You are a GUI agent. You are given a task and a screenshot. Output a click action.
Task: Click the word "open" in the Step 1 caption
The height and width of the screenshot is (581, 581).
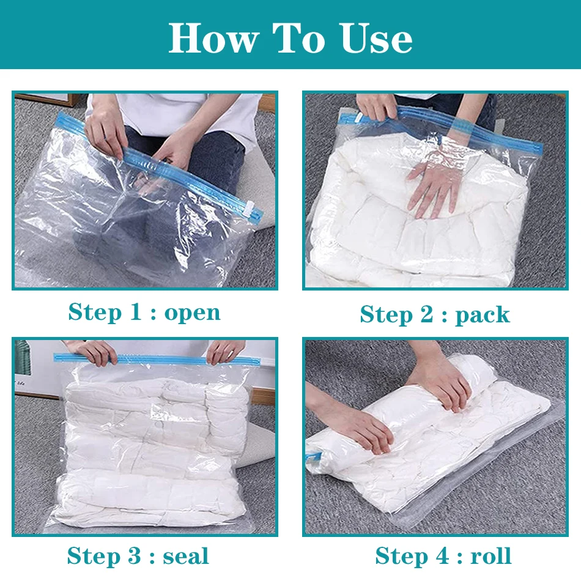point(192,313)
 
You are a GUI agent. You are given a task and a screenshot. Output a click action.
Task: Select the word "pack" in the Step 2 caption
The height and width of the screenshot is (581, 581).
point(482,315)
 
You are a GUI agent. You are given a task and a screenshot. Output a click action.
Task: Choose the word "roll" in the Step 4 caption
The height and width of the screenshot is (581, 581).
point(490,557)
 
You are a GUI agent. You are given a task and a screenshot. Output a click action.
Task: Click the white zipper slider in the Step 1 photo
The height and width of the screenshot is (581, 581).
point(251,209)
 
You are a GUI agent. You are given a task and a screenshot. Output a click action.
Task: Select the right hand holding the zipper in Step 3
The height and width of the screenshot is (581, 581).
point(225,350)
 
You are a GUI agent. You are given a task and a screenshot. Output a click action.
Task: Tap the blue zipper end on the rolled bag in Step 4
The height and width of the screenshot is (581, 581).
point(313,456)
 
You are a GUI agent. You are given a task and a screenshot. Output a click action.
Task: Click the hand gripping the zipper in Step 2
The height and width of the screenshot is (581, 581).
point(377,107)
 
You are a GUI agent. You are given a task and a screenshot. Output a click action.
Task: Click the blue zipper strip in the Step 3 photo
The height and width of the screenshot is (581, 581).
point(153,360)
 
